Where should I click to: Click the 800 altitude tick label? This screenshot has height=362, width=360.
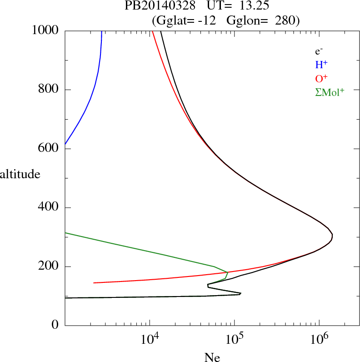pos(50,90)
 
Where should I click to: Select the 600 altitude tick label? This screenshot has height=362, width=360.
pos(50,149)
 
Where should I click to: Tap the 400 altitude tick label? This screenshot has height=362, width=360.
pos(50,208)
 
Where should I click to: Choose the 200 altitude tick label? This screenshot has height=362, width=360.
pos(50,266)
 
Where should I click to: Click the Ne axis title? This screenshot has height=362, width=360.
pos(212,357)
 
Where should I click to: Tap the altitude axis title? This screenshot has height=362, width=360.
pos(20,174)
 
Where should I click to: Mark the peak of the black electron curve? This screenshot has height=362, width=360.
pos(332,235)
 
